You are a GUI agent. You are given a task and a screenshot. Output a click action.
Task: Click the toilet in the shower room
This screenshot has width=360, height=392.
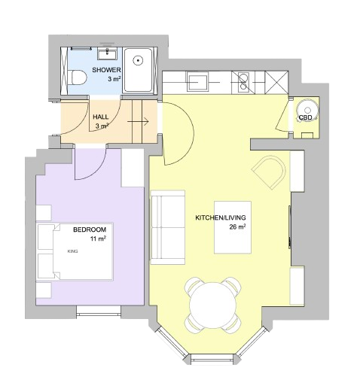point(78,77)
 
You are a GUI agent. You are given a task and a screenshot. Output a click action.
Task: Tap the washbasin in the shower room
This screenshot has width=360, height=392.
point(107,55)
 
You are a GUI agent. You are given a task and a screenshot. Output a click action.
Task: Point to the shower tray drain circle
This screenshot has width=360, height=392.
point(138,60)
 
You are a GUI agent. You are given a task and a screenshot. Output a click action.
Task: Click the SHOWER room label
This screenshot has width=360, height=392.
point(106,70)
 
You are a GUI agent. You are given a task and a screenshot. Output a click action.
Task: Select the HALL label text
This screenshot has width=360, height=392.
point(101,117)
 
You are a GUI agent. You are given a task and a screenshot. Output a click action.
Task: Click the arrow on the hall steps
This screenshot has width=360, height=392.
point(138,122)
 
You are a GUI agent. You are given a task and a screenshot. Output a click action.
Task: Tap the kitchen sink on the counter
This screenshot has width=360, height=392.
point(197,81)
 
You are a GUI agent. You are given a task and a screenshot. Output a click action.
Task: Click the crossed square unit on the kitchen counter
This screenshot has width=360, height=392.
point(276,82)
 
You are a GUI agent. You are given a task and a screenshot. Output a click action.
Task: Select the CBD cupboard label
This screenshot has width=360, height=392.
point(305,117)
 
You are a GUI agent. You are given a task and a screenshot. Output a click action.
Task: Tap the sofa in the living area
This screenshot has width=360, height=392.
point(167,227)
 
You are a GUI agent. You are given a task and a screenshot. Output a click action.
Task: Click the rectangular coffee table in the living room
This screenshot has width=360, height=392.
point(233,227)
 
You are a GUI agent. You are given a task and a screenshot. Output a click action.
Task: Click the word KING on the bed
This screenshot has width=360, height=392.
point(73,251)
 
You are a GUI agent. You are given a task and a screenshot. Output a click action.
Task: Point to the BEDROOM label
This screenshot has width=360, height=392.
point(90,229)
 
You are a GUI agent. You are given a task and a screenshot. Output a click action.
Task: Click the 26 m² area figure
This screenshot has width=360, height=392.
point(237,227)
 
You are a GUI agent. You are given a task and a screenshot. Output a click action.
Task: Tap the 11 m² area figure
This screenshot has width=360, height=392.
point(98,239)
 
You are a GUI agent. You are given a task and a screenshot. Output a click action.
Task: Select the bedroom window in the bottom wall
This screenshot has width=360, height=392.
point(99,311)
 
